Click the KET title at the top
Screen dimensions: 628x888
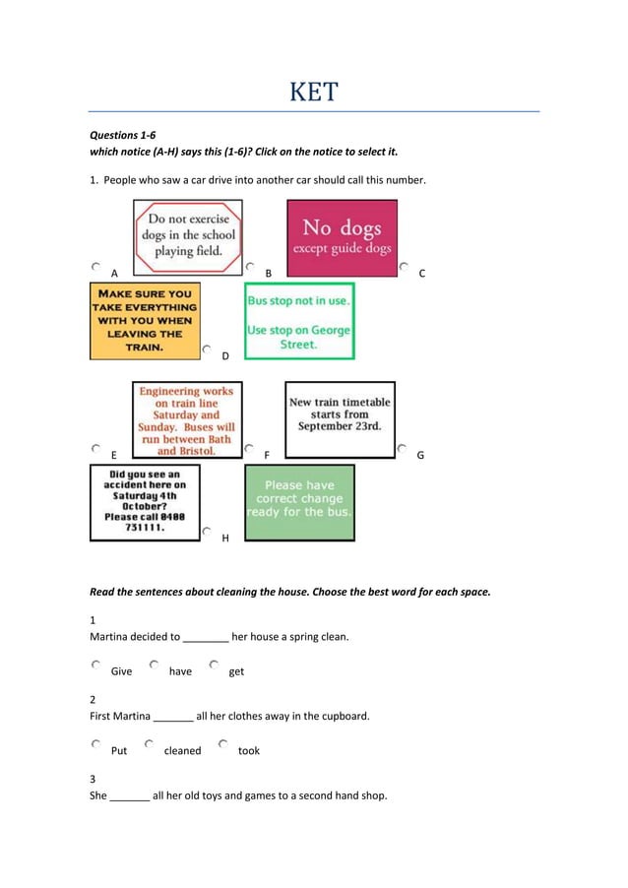tap(314, 93)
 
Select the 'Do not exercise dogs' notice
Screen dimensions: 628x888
tap(188, 236)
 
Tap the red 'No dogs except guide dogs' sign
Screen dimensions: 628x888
tap(342, 237)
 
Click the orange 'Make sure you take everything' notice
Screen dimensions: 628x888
tap(144, 320)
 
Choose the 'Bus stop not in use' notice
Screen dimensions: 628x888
tap(299, 321)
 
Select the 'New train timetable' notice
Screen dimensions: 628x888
tap(340, 418)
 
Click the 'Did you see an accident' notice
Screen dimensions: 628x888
tap(145, 502)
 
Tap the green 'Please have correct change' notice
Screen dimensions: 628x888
tap(299, 502)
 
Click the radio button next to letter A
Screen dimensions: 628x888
tap(95, 266)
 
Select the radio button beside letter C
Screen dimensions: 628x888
tap(405, 266)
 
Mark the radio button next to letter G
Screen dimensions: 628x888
tap(404, 448)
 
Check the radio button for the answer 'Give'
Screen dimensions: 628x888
tap(95, 665)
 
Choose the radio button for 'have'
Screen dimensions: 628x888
tap(155, 665)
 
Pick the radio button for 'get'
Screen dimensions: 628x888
tap(214, 665)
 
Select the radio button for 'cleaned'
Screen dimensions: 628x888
tap(149, 744)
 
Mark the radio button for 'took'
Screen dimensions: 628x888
tap(223, 744)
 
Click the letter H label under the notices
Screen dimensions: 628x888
tap(225, 539)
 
